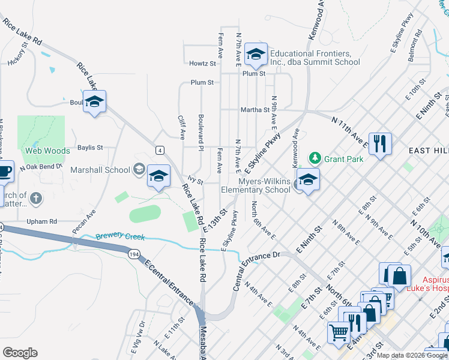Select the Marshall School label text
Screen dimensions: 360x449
[100, 170]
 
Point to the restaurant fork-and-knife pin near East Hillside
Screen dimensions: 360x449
[380, 144]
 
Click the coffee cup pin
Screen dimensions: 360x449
[5, 172]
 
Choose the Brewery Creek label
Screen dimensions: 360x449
[120, 237]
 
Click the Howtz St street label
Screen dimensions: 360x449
[202, 63]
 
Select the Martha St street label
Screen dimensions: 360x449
[255, 110]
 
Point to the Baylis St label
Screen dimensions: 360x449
[90, 147]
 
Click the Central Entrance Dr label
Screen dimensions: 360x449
[258, 263]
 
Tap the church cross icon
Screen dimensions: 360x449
[35, 197]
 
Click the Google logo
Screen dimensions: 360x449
[20, 353]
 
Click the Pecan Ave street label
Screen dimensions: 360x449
[83, 222]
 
